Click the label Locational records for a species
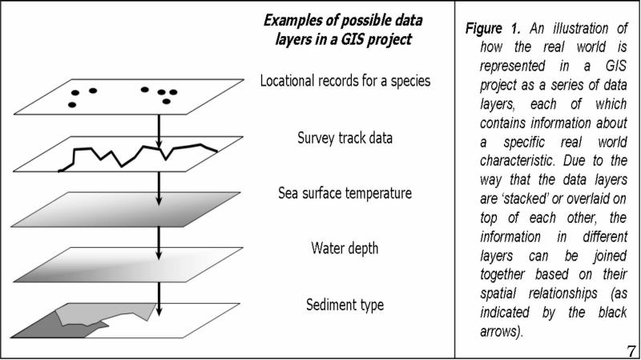(345, 81)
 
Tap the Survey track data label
(345, 137)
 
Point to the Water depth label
(345, 249)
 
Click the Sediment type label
(345, 305)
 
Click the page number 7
(631, 350)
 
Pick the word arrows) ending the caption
(502, 331)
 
